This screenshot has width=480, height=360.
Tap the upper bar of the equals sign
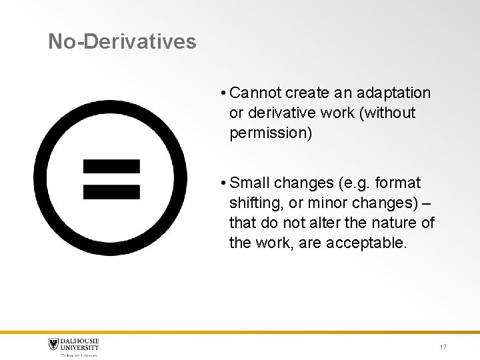point(111,166)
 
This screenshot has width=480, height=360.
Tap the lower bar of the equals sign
point(111,191)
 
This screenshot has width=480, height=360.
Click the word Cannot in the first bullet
point(256,93)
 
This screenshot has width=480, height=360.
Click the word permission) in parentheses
point(270,133)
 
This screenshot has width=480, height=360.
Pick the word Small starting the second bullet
point(250,183)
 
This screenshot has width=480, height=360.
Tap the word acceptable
point(365,243)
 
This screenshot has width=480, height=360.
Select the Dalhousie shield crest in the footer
point(53,345)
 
